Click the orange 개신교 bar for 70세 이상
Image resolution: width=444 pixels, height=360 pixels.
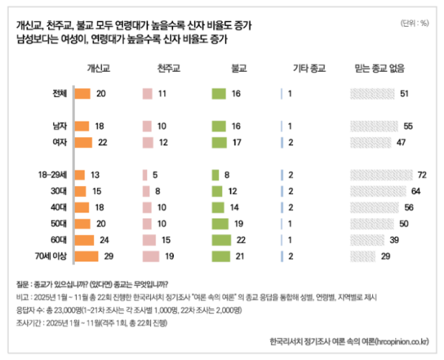coord(87,256)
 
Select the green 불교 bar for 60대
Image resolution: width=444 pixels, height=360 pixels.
coord(223,240)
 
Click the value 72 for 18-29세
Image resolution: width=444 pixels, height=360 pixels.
coord(423,174)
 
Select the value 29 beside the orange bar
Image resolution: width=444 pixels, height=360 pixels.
coord(110,256)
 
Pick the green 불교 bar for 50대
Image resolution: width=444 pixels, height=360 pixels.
coord(221,224)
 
